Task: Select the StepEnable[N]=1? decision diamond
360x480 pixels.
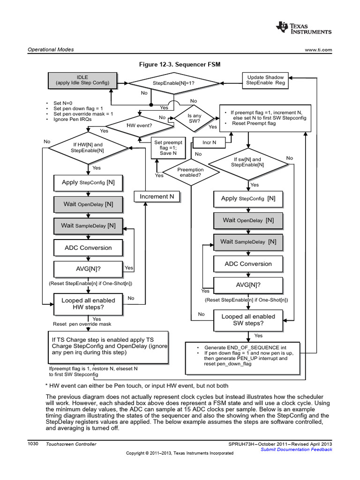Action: (173, 83)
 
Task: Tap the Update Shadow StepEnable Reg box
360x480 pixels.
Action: (265, 80)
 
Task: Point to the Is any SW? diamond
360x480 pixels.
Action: (194, 118)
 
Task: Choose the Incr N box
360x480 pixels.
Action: (209, 142)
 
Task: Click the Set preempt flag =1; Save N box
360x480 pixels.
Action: (168, 147)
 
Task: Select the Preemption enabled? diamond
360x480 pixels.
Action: (191, 172)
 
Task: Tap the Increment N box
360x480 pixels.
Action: (157, 196)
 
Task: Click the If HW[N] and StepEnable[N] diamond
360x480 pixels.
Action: (88, 148)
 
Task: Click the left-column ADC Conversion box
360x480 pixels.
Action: (88, 247)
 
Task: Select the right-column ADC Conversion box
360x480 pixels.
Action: (248, 264)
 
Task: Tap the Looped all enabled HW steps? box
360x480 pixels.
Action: (88, 304)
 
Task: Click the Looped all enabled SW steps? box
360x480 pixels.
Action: (248, 320)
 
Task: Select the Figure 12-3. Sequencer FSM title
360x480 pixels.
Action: (180, 63)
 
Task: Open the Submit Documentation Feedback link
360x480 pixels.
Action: (296, 450)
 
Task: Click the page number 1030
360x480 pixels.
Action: (34, 443)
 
